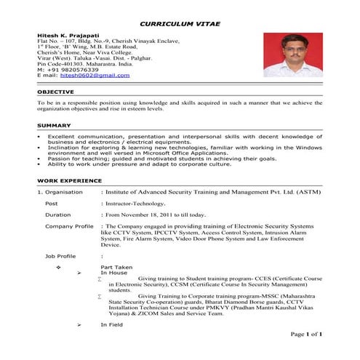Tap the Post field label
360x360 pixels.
coord(51,204)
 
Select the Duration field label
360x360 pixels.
coord(57,215)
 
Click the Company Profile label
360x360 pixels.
coord(69,226)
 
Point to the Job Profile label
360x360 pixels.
coord(61,256)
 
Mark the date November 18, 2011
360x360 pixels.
coord(157,215)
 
